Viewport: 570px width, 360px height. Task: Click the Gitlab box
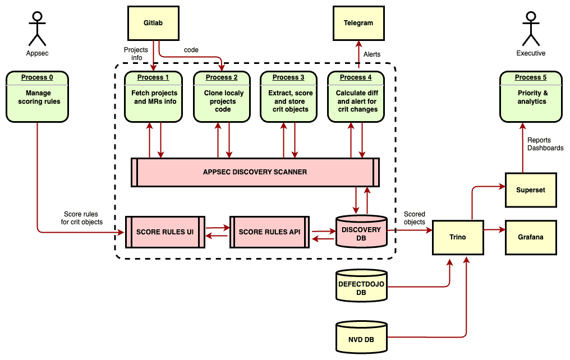[153, 23]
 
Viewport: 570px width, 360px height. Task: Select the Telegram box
[358, 23]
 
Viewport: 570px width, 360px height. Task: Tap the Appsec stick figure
[38, 29]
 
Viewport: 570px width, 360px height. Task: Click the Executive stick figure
[530, 29]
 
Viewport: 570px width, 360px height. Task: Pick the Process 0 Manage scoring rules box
[38, 96]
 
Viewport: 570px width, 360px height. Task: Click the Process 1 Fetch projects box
[154, 96]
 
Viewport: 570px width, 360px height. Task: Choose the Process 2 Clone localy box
[223, 96]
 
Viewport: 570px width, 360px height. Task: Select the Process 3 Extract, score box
[289, 96]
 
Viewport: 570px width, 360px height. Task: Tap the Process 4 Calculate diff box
[357, 96]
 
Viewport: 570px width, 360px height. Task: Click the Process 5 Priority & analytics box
[531, 96]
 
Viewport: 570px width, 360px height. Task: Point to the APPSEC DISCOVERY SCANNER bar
[255, 172]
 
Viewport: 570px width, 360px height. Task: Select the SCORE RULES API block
[269, 232]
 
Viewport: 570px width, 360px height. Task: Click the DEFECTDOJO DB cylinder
[361, 285]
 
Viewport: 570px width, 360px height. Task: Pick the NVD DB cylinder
[361, 337]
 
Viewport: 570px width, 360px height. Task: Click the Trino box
[457, 237]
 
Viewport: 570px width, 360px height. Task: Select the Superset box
[531, 190]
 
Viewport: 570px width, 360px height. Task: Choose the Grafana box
[531, 237]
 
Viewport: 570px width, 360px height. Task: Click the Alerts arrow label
[372, 54]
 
